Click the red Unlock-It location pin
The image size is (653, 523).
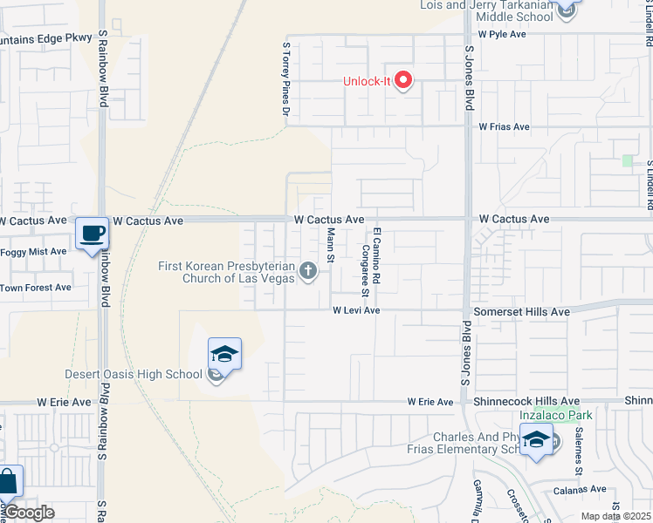403,81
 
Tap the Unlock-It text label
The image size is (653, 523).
366,82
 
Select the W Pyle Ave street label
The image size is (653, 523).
503,34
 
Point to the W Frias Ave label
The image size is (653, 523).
504,126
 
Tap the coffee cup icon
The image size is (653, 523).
92,234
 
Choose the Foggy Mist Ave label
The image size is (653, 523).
33,252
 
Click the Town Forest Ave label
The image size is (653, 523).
36,287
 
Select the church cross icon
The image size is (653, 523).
307,271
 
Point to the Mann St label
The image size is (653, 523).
331,245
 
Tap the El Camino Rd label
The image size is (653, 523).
376,253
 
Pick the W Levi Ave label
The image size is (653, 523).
355,310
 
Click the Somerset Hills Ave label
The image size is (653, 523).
521,311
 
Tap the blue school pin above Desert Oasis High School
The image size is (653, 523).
224,354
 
